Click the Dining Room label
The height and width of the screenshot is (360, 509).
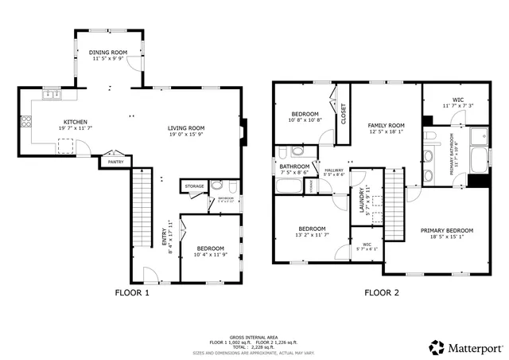point(108,53)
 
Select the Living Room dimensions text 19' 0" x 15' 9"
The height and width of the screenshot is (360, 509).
point(186,134)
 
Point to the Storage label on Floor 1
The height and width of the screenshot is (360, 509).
point(195,186)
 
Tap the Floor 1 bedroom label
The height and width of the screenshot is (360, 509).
point(210,249)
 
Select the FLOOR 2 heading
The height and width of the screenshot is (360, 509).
point(381,292)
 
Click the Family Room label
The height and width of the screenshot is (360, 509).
point(386,125)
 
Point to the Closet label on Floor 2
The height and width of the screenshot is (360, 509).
point(344,114)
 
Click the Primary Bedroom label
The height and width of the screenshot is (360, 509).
point(446,230)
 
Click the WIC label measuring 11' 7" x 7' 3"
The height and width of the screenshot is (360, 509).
point(457,100)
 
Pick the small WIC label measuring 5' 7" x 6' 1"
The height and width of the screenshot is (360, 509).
point(367,245)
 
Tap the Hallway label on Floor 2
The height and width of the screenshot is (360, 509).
point(333,170)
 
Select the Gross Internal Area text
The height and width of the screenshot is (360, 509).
point(253,337)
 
